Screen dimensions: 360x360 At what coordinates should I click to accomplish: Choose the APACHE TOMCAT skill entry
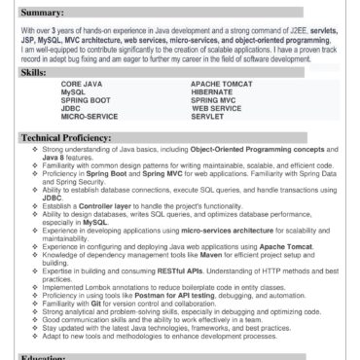[x=226, y=86]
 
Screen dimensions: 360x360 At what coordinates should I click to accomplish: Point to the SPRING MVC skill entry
[x=220, y=100]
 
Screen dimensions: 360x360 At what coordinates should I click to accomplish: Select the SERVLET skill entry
[x=211, y=116]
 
